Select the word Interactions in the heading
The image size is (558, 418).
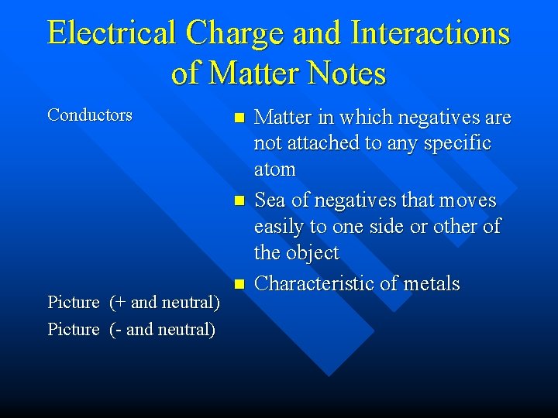click(430, 33)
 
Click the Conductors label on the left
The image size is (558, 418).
click(90, 115)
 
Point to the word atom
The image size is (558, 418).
click(275, 170)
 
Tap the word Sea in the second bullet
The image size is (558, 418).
click(270, 201)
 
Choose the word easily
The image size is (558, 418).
click(281, 227)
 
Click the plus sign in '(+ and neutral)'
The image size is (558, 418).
click(117, 303)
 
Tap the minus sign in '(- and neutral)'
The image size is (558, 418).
click(117, 330)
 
